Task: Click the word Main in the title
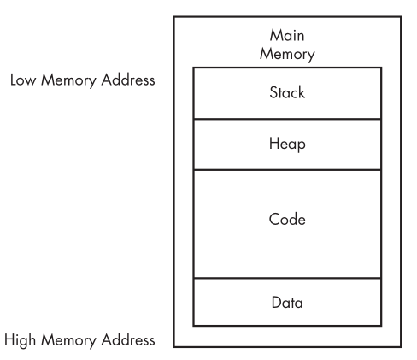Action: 287,36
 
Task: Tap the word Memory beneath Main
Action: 287,55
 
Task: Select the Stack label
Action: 287,92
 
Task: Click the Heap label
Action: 287,144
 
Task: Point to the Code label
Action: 287,219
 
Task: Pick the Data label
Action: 287,303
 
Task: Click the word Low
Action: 23,80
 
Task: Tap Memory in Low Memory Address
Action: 68,80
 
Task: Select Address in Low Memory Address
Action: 128,80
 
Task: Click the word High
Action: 20,340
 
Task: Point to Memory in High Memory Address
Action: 68,341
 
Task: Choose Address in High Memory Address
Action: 128,340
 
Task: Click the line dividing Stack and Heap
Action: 287,119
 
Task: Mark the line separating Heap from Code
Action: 287,170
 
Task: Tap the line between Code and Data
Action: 287,278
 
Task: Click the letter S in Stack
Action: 273,92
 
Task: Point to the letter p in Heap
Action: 302,145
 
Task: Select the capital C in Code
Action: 274,219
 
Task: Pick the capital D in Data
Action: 277,303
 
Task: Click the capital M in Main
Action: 275,36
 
